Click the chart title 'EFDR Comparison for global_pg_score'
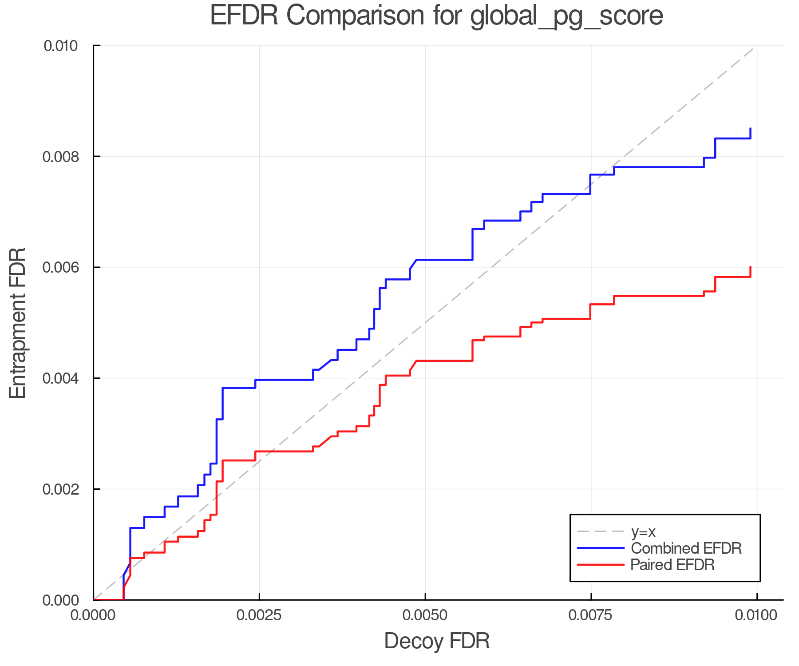click(436, 16)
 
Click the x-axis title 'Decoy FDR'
click(437, 641)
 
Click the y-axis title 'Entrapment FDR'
click(18, 323)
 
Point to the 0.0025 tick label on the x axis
click(259, 615)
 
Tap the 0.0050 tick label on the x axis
click(425, 615)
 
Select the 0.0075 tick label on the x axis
click(591, 615)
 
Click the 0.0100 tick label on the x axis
click(756, 615)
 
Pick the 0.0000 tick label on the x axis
click(94, 615)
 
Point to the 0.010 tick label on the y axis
click(61, 46)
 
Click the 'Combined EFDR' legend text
click(686, 548)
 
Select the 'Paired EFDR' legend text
click(672, 565)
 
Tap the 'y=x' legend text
click(643, 531)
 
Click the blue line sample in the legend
click(601, 548)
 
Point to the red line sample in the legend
click(601, 565)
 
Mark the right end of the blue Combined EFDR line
click(750, 129)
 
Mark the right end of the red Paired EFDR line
click(750, 267)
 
